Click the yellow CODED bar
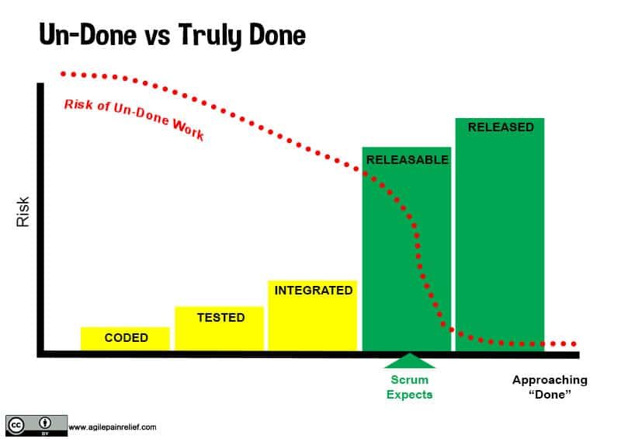tap(125, 339)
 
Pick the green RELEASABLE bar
tap(406, 249)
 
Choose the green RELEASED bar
tap(500, 233)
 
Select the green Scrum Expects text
tap(409, 387)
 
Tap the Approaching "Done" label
tap(550, 387)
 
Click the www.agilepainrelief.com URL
tap(112, 427)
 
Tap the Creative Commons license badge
tap(35, 425)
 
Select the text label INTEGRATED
tap(313, 290)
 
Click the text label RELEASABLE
tap(407, 160)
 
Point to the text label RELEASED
tap(500, 127)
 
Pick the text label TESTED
tap(220, 317)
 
